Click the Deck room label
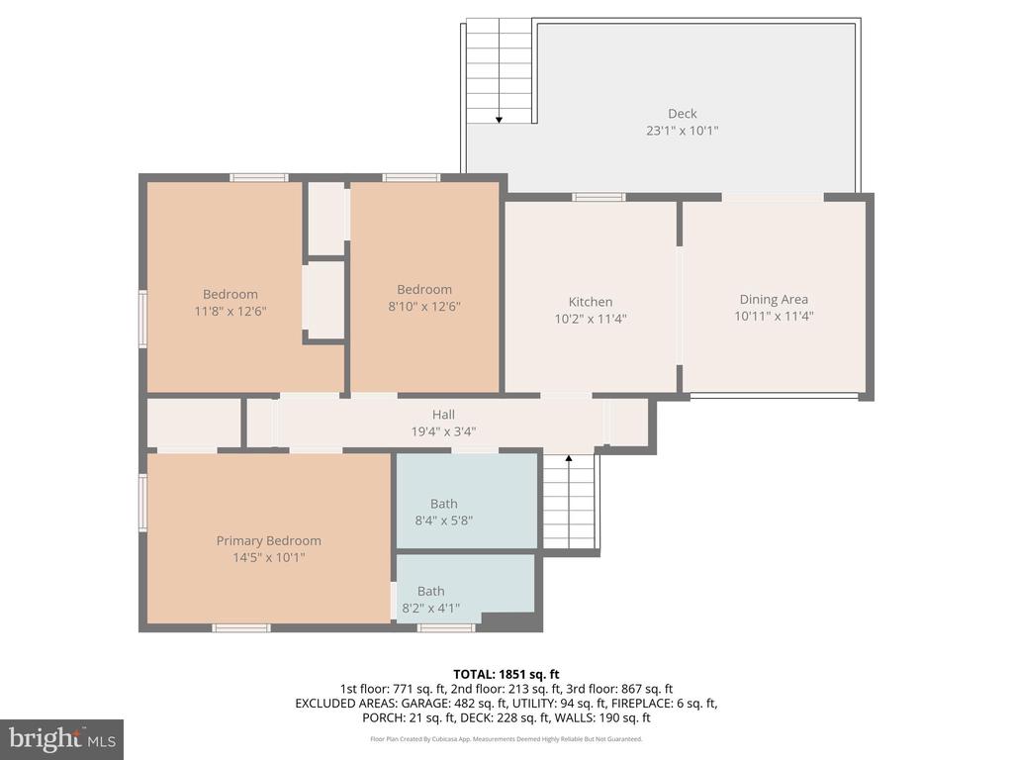(x=682, y=114)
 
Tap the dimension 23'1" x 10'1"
(x=682, y=131)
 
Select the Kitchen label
(x=591, y=302)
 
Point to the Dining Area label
(x=774, y=299)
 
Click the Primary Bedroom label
(x=269, y=540)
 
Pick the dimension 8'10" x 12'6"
(x=423, y=307)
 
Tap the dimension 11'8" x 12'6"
(x=230, y=311)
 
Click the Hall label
(x=443, y=415)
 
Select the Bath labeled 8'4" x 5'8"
(x=443, y=504)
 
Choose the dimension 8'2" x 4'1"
(x=430, y=609)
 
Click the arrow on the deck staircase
(x=500, y=118)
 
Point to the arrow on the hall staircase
(x=569, y=459)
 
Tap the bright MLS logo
(x=61, y=738)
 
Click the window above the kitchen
(x=599, y=197)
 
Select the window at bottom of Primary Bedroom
(x=241, y=627)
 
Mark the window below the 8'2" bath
(x=445, y=627)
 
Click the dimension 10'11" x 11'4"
(x=774, y=317)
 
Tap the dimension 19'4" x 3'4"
(x=443, y=431)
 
